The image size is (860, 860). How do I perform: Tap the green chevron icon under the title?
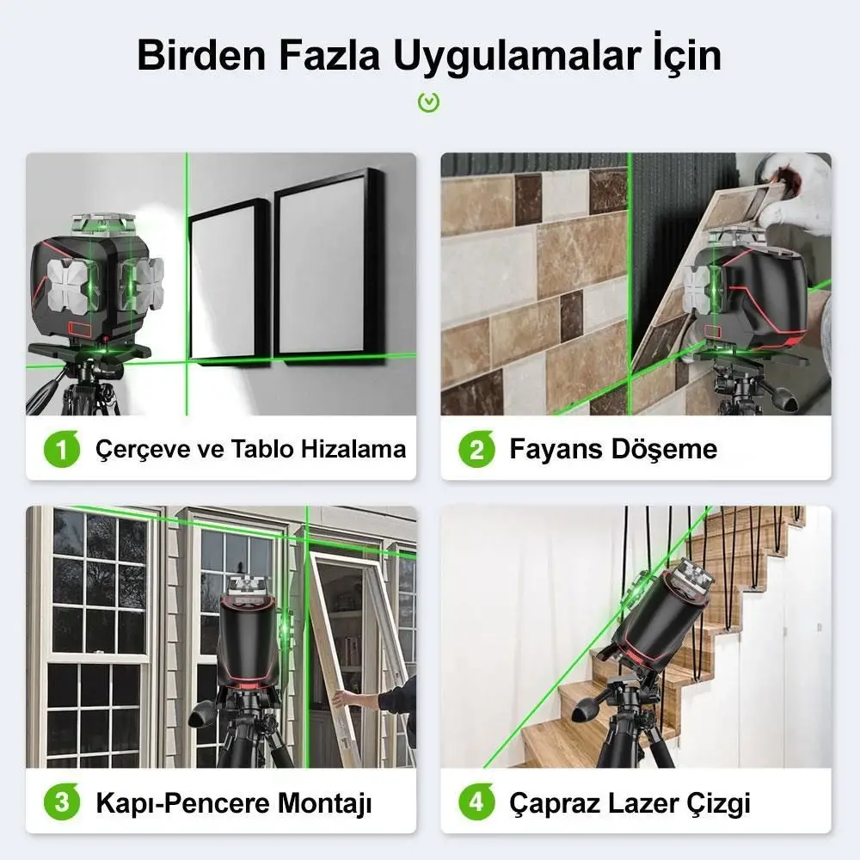click(428, 102)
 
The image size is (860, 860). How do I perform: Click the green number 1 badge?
click(62, 449)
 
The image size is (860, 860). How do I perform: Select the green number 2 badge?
click(476, 449)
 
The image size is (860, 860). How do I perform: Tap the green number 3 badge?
click(62, 804)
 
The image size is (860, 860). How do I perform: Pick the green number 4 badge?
click(476, 804)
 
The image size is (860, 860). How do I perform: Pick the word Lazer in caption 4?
click(644, 804)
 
